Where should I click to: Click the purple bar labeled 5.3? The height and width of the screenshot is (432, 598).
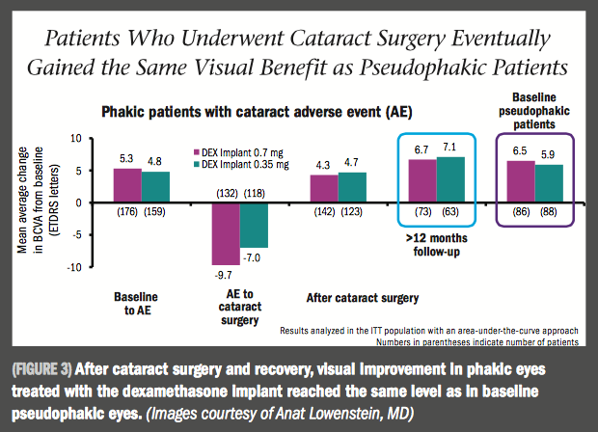127,185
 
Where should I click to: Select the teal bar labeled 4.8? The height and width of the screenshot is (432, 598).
156,187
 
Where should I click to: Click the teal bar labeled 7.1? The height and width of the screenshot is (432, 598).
450,180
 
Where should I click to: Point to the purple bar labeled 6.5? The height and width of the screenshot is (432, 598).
522,181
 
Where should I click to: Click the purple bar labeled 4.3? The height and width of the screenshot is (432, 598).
325,189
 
